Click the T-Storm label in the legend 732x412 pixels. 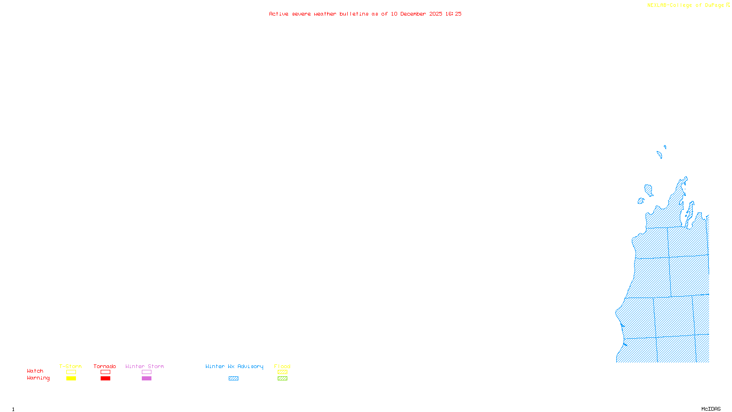70,366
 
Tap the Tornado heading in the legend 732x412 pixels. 105,366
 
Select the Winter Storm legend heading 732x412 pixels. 145,366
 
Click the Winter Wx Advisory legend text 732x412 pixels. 234,366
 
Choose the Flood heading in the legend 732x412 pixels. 282,366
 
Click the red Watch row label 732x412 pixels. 35,371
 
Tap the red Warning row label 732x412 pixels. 38,378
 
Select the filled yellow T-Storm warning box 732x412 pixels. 71,379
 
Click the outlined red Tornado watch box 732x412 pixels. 105,372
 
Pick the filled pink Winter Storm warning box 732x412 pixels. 146,379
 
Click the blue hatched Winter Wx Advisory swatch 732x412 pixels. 233,379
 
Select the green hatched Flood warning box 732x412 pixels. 282,379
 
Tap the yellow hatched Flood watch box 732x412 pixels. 282,372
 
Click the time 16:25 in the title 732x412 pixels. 453,14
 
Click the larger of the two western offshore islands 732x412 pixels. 648,190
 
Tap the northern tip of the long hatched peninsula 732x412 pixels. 685,178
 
